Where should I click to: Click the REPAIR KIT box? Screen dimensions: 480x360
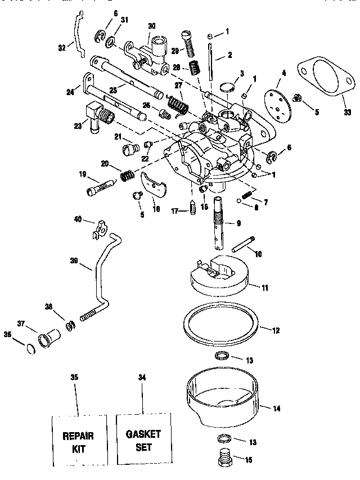tap(79, 441)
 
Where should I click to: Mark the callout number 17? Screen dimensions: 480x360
tap(175, 212)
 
